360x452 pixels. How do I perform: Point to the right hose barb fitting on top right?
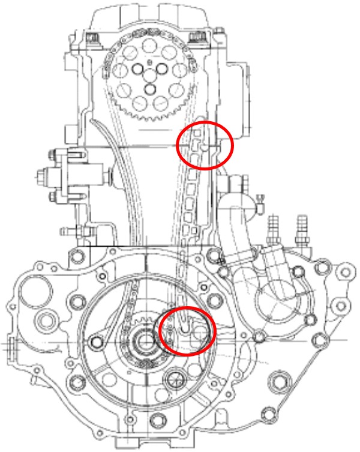pyautogui.click(x=302, y=231)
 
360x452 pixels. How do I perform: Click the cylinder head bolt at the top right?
pyautogui.click(x=196, y=39)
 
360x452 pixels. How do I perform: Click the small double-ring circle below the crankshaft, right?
pyautogui.click(x=176, y=379)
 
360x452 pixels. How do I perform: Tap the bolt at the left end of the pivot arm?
pyautogui.click(x=95, y=342)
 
